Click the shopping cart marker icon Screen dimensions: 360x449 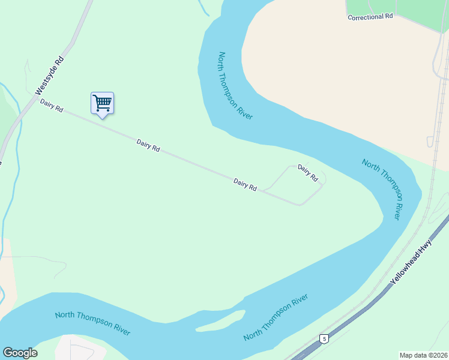coord(102,103)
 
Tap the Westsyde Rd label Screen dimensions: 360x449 coord(50,76)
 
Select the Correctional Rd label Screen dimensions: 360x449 coord(370,17)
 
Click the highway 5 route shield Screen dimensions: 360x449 coord(324,338)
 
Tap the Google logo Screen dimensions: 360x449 coord(20,353)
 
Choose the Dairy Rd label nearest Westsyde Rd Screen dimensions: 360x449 coord(52,106)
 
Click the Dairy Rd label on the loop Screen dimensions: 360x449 coord(307,173)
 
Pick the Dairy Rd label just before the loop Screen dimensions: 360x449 coord(245,185)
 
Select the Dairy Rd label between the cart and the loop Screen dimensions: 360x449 coord(148,145)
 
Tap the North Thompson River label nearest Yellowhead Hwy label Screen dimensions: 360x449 coord(388,188)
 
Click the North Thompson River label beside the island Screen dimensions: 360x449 coord(276,317)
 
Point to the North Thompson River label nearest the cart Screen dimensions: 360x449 coord(235,85)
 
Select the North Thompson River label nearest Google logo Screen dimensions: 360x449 coord(92,323)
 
